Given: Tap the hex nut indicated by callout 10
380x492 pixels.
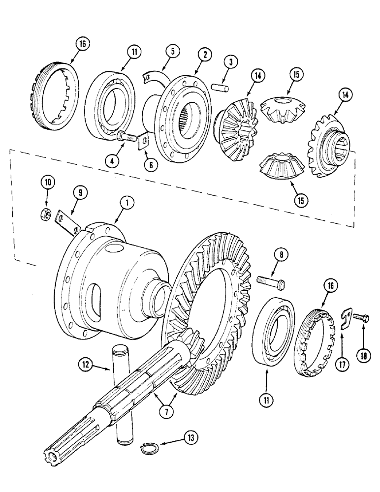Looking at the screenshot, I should pyautogui.click(x=44, y=214).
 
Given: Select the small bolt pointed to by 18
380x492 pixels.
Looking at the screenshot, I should pyautogui.click(x=363, y=318).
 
